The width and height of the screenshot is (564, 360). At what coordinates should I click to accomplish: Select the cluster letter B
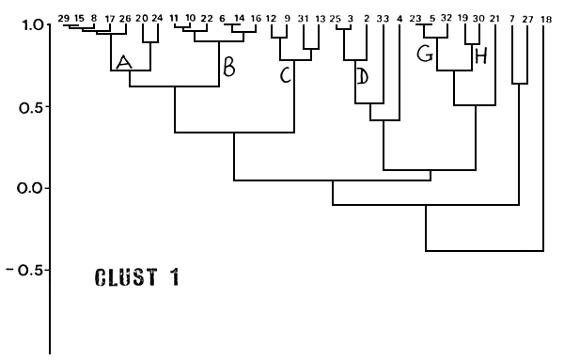tap(227, 67)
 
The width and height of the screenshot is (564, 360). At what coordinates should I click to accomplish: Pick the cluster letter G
tap(424, 55)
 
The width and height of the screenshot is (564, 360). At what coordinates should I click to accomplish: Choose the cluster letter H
tap(480, 58)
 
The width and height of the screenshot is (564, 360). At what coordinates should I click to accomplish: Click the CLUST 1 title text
tap(137, 278)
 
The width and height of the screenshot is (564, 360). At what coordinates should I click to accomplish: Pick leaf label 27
tap(528, 18)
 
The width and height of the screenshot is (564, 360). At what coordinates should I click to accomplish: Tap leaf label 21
tap(494, 18)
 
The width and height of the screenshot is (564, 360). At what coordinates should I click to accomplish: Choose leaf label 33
tap(382, 18)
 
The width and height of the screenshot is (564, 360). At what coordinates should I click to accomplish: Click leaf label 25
tap(335, 18)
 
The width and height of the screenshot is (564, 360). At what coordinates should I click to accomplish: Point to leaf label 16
tap(256, 18)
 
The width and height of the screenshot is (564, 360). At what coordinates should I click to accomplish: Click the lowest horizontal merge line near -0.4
tap(484, 251)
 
